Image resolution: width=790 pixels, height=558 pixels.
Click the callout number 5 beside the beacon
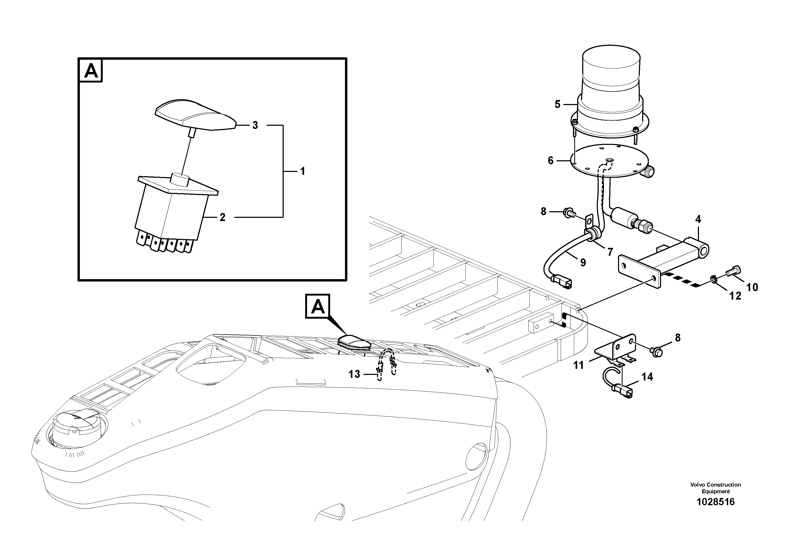tap(557, 105)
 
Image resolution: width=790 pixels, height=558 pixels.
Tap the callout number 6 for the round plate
tap(551, 161)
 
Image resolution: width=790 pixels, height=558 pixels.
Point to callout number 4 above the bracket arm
tap(698, 219)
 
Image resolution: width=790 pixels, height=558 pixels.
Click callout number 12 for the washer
tap(735, 296)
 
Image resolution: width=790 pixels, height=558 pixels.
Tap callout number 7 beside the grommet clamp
tap(610, 252)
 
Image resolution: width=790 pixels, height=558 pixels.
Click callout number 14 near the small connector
tap(647, 377)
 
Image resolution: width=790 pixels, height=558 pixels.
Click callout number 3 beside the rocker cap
tap(255, 126)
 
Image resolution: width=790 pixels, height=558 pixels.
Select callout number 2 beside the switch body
tap(223, 217)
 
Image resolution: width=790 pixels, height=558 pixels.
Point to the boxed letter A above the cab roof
tap(318, 306)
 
